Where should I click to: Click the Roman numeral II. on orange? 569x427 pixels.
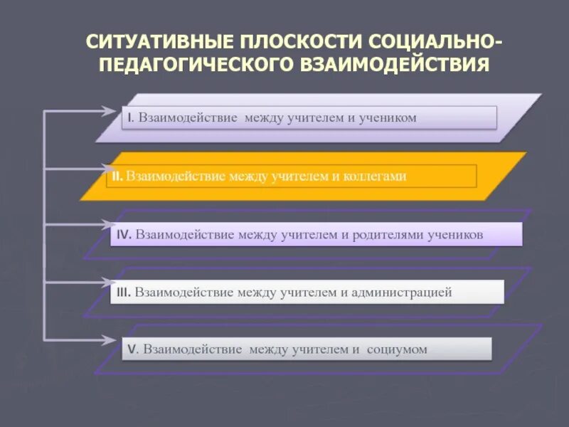coord(117,176)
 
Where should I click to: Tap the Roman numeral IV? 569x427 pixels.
coord(124,233)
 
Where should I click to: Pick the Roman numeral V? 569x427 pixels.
coord(133,349)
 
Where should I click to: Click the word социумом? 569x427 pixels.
coord(398,349)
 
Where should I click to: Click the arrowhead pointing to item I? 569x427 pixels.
coord(107,110)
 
